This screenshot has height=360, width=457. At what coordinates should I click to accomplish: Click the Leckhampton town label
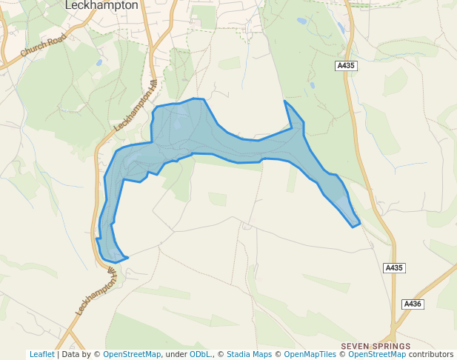pos(101,5)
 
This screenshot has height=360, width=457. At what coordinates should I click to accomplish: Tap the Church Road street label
pos(44,49)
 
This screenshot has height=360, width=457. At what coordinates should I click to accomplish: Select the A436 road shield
pos(413,304)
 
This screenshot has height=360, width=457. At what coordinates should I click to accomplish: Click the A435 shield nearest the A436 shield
pos(394,267)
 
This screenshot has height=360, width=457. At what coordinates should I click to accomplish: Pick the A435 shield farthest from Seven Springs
pos(346,66)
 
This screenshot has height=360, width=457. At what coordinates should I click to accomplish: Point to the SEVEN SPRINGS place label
pos(375,346)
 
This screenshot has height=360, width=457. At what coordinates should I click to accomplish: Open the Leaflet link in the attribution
pos(42,355)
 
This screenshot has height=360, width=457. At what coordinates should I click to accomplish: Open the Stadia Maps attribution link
pos(249,355)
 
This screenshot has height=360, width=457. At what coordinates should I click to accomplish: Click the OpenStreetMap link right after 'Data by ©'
pos(132,355)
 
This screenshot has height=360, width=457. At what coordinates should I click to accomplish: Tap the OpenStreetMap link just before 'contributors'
pos(376,355)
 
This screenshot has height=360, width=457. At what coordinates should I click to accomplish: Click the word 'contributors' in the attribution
pos(430,355)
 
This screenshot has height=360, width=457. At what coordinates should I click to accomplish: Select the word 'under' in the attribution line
pos(176,355)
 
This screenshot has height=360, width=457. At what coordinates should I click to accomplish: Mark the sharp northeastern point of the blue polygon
pos(284,100)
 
